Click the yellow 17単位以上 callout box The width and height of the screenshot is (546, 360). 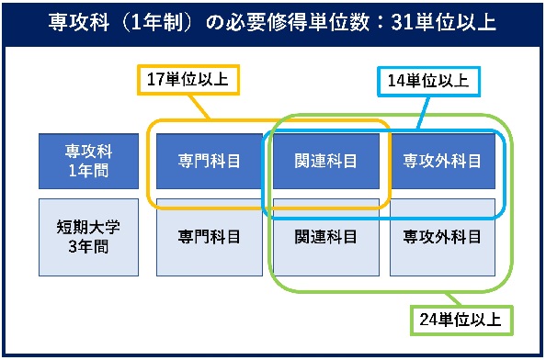click(x=188, y=80)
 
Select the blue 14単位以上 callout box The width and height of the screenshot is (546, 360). click(x=428, y=82)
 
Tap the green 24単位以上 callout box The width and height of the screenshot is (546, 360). click(x=461, y=320)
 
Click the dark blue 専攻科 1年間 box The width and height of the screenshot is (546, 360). click(x=88, y=161)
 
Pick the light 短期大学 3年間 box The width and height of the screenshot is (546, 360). click(x=88, y=237)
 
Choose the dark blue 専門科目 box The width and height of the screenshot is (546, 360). click(x=210, y=161)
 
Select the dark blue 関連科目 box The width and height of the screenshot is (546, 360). click(x=326, y=161)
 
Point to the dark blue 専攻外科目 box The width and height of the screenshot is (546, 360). click(x=442, y=161)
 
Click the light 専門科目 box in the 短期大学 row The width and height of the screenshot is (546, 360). click(x=210, y=237)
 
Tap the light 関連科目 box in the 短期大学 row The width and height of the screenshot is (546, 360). click(x=326, y=237)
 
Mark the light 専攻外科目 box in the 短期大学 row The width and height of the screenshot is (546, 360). click(x=442, y=237)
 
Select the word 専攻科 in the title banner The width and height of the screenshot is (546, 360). click(x=79, y=23)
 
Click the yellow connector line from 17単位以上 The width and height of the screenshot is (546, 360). click(x=199, y=107)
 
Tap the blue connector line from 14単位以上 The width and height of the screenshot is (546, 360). click(x=423, y=113)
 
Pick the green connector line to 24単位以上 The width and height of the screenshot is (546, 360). click(x=454, y=299)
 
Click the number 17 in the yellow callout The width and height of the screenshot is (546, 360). click(x=155, y=79)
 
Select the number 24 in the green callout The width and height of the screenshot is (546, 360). click(x=428, y=320)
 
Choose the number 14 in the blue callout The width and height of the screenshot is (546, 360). click(x=396, y=82)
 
